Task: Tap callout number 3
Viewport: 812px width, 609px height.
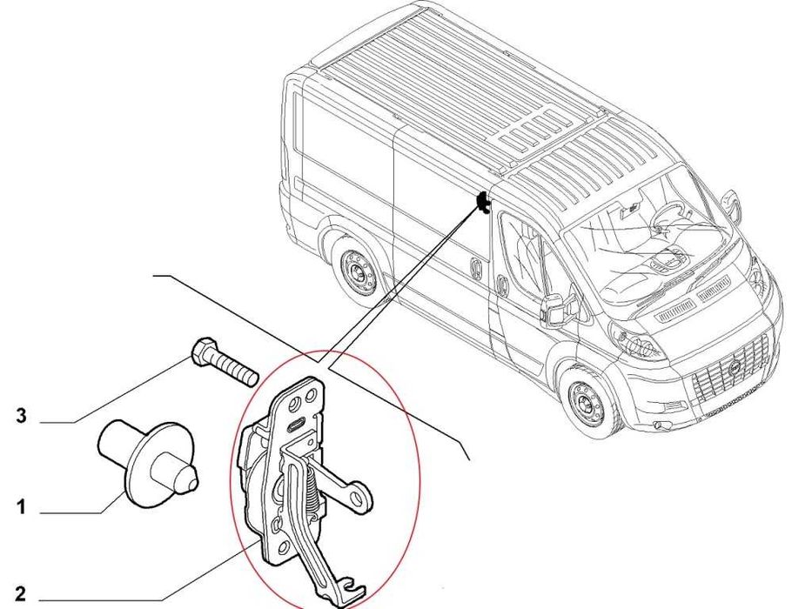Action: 22,416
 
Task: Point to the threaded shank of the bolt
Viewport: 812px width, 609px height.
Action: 234,370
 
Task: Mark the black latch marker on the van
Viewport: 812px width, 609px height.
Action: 481,204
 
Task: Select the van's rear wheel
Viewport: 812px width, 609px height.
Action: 357,270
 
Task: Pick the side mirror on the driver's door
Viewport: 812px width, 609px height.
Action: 554,308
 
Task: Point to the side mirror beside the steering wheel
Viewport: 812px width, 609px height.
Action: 734,207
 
